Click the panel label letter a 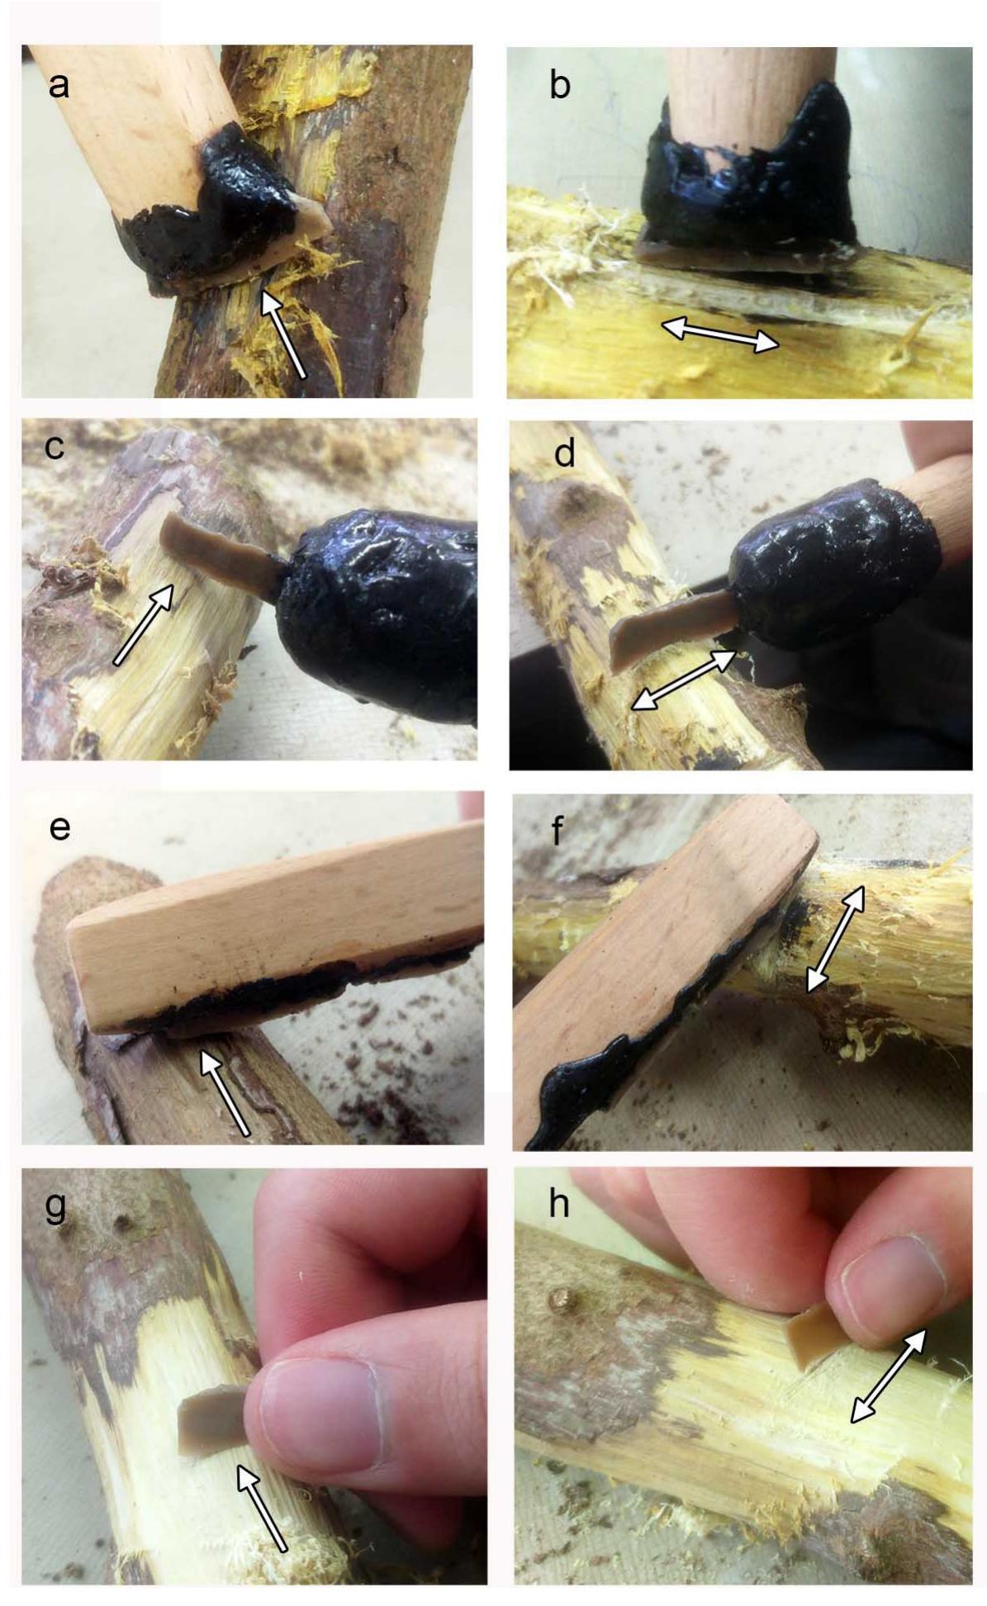coord(59,85)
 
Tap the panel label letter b coord(559,86)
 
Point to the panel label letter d coord(564,452)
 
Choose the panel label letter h coord(558,1203)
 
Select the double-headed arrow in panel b coord(720,334)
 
